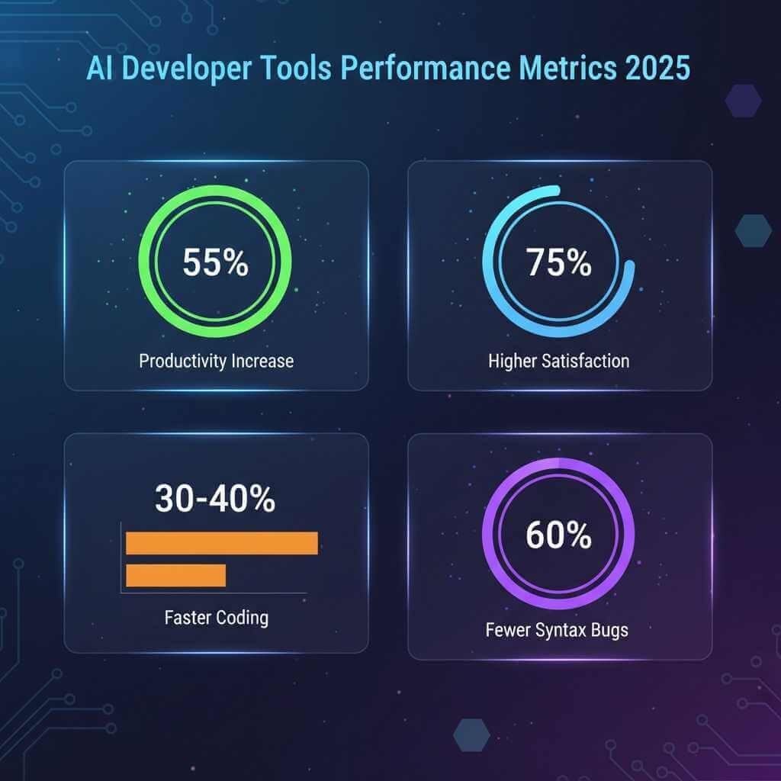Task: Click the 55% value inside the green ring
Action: click(x=215, y=263)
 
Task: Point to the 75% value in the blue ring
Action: click(x=558, y=263)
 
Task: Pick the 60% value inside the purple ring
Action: click(x=558, y=536)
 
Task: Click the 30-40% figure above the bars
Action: click(x=215, y=500)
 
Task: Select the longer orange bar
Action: click(x=221, y=543)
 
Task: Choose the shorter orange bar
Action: click(x=175, y=575)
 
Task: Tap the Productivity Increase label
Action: click(x=216, y=361)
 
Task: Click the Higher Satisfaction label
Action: click(x=558, y=361)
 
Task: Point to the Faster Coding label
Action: click(x=216, y=617)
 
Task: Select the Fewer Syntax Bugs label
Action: click(x=558, y=631)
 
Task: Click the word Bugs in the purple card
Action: click(x=608, y=631)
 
